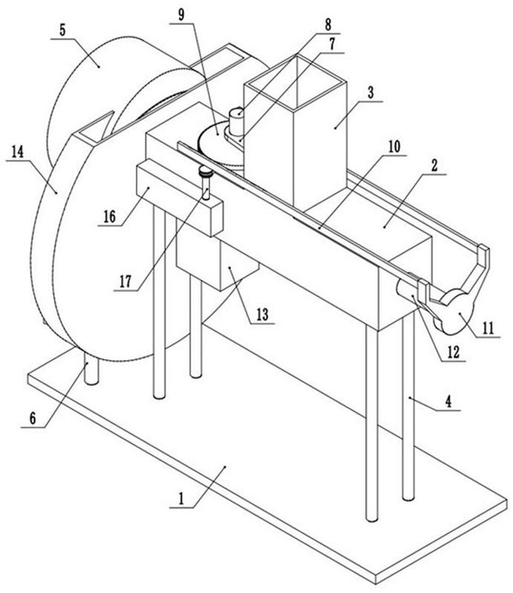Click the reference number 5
[62, 30]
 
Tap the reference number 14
[17, 152]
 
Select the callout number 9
[181, 15]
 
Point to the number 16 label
[110, 217]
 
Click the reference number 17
[125, 281]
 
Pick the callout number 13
[262, 314]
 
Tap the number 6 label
[33, 419]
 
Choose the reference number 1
[181, 499]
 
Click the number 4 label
[448, 402]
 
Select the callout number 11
[489, 328]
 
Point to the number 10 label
[394, 147]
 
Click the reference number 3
[370, 92]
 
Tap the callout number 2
[434, 166]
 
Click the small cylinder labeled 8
[236, 122]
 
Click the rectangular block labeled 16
[178, 197]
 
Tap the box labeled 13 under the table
[218, 261]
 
